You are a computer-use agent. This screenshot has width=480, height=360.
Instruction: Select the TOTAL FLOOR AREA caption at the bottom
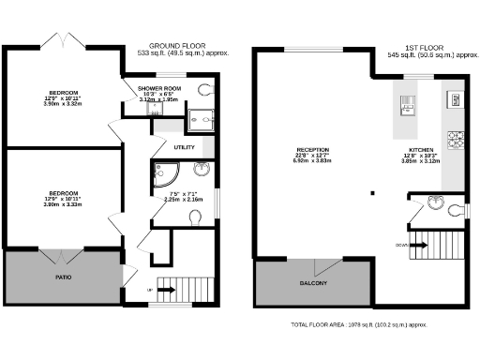[359, 324]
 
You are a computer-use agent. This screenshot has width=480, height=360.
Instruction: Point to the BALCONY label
[313, 282]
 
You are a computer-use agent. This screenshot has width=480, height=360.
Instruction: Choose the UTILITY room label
[184, 147]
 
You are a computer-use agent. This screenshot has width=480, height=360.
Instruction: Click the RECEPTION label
[313, 149]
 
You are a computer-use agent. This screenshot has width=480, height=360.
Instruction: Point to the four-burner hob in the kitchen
[457, 140]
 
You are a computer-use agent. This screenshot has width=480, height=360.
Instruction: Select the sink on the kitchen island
[410, 103]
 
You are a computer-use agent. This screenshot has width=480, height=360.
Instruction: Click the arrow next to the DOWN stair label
[421, 245]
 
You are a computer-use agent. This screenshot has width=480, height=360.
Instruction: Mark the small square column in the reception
[372, 193]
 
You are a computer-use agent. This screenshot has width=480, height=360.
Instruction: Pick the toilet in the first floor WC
[455, 210]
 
